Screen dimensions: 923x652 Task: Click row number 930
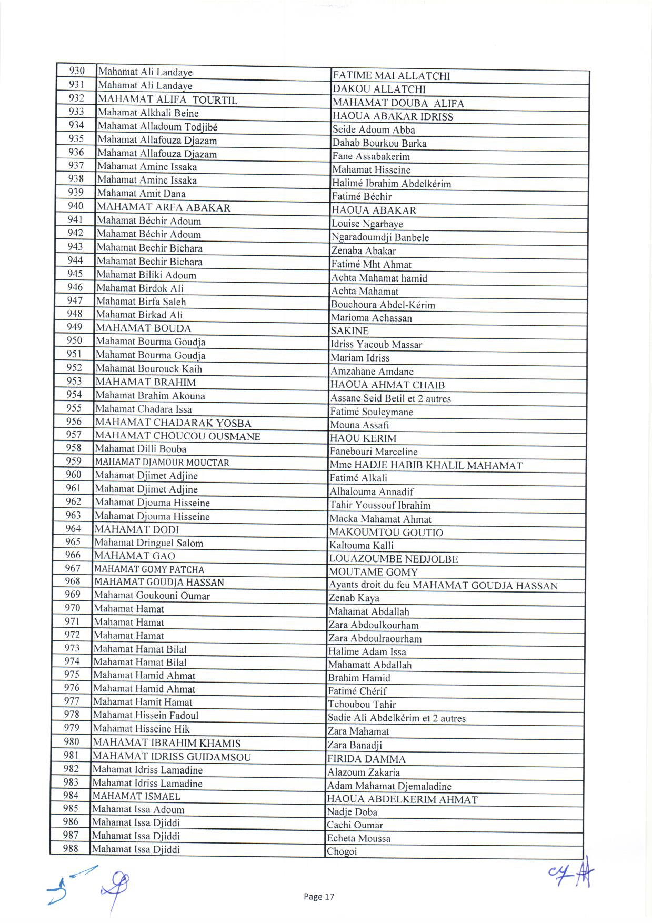(77, 71)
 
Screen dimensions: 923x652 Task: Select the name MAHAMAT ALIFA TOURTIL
(167, 99)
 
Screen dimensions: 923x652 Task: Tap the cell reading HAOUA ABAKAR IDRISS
(392, 116)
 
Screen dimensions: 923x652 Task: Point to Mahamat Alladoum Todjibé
(157, 126)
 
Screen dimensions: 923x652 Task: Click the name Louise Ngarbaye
(367, 224)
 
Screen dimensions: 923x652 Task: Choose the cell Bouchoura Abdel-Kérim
(383, 305)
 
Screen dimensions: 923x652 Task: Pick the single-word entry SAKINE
(349, 331)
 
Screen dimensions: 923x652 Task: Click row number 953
(74, 381)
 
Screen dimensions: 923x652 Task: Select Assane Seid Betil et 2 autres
(390, 398)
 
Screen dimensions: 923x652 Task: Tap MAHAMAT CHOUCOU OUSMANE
(177, 436)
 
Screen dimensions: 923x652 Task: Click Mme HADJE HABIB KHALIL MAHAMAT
(426, 465)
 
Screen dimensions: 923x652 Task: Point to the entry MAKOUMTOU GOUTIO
(386, 533)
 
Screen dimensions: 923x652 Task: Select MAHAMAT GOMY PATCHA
(149, 569)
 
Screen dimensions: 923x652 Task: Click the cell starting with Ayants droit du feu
(443, 586)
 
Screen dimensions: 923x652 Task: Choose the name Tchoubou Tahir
(362, 705)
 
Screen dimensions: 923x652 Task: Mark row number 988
(71, 848)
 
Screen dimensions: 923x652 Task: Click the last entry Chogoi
(342, 851)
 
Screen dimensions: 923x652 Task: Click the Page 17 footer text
(319, 897)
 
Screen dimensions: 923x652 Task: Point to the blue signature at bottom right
(572, 873)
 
